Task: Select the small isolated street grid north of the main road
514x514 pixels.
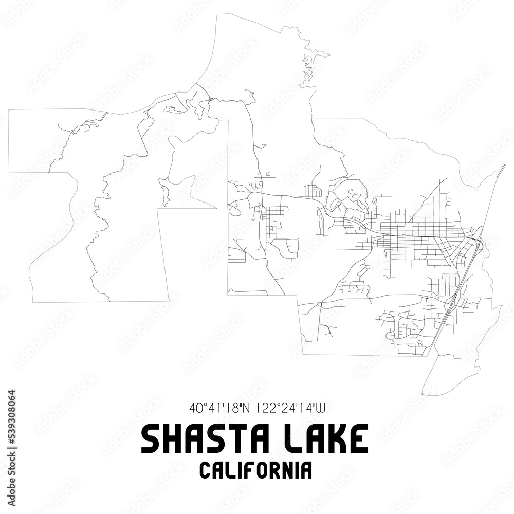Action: click(x=312, y=192)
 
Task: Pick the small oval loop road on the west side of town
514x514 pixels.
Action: click(x=234, y=211)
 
